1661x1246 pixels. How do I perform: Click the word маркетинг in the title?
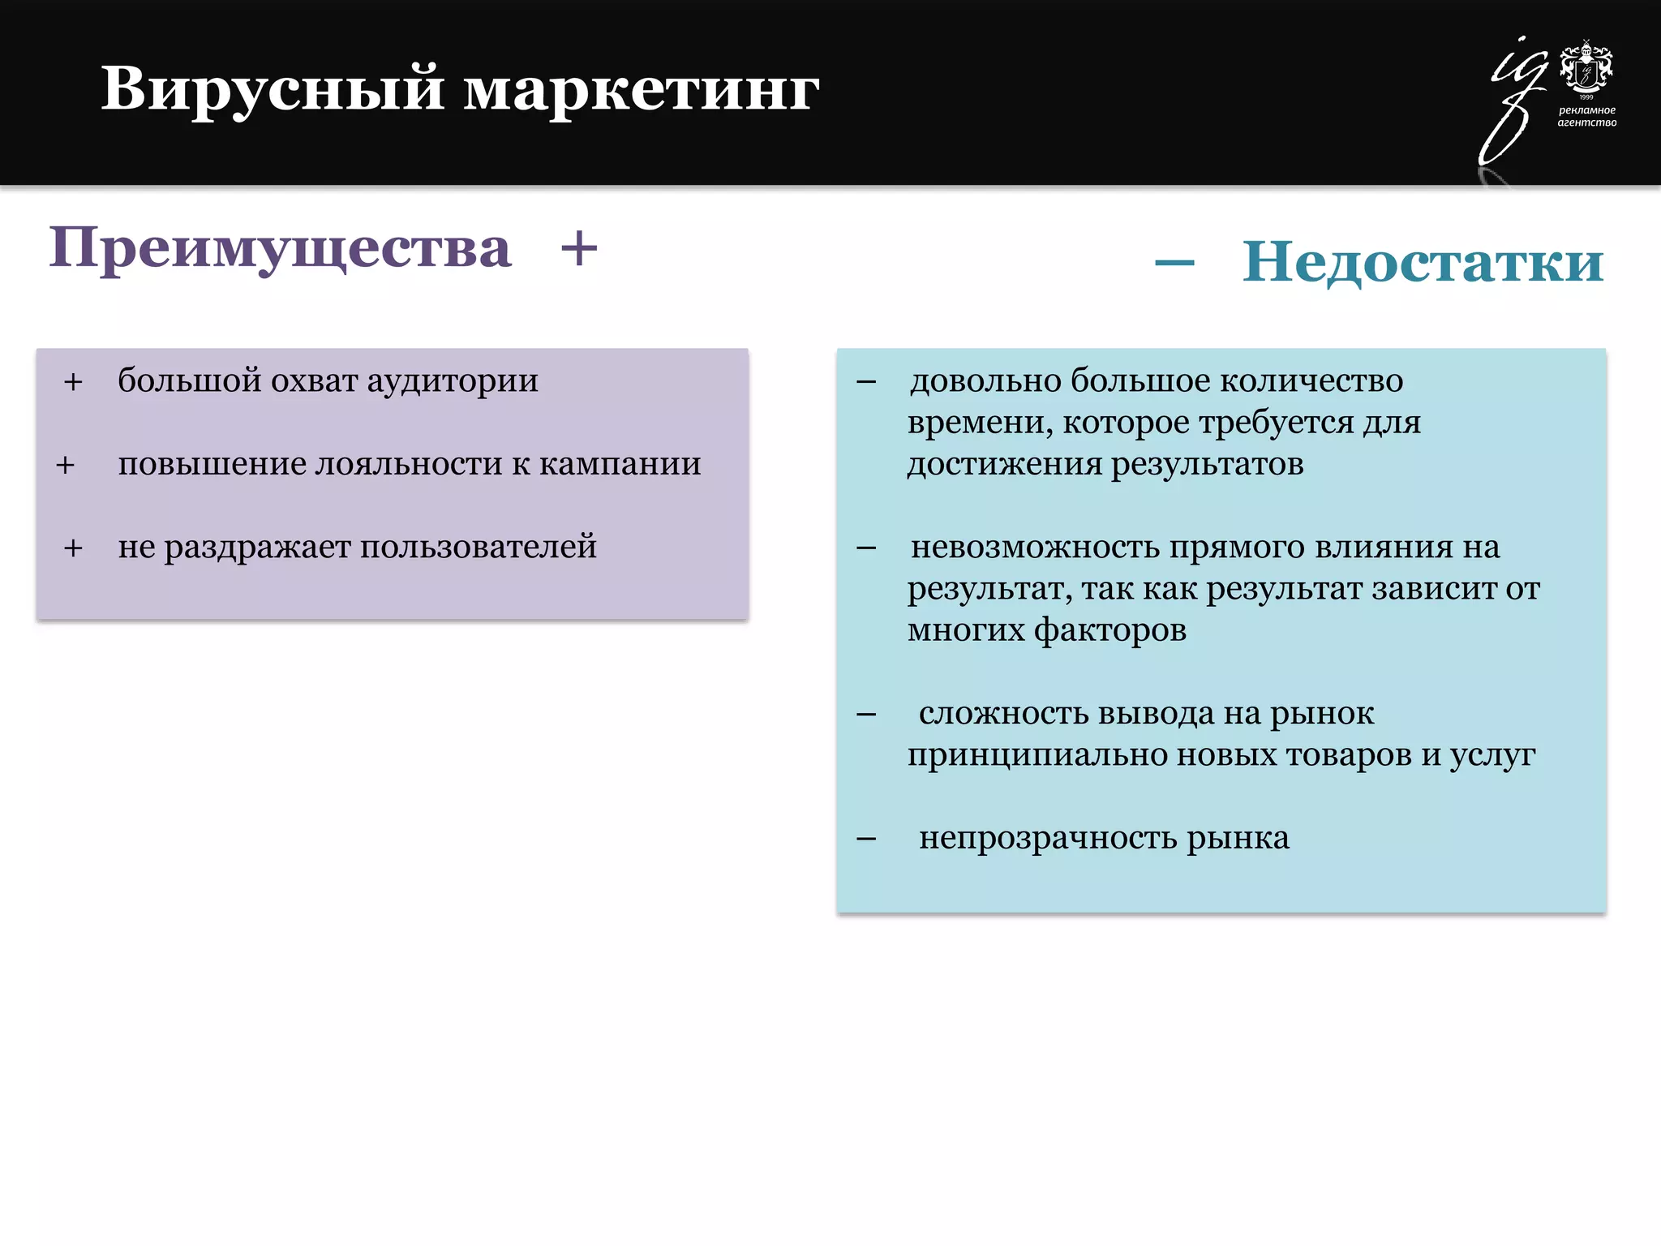pos(641,89)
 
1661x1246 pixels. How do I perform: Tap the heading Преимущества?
pos(280,247)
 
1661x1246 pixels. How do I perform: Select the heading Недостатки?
pos(1423,262)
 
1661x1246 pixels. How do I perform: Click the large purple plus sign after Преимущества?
pos(579,248)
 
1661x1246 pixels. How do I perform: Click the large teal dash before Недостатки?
pos(1174,262)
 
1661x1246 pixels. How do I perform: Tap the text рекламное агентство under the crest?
pos(1586,116)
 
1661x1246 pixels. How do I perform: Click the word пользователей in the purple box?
pos(478,548)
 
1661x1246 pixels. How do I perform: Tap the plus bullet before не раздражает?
pos(73,548)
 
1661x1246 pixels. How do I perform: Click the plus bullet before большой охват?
pos(73,382)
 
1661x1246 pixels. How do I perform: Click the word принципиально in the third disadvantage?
pos(1037,755)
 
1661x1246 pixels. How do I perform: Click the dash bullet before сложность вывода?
pos(866,715)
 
